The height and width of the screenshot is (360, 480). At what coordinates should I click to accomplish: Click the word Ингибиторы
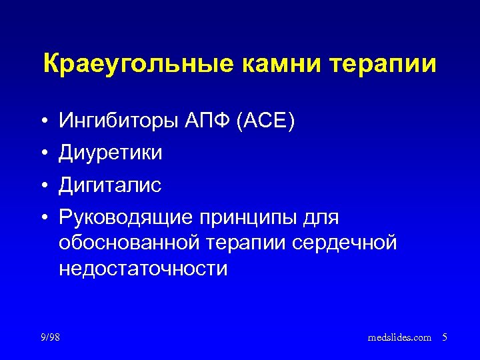coord(118,121)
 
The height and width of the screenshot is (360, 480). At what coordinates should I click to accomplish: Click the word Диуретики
coord(111,153)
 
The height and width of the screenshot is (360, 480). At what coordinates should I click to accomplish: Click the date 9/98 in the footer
coord(49,337)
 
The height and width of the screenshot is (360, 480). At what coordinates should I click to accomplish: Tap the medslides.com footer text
coord(399,338)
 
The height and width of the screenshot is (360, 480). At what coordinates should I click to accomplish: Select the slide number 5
coord(444,338)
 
